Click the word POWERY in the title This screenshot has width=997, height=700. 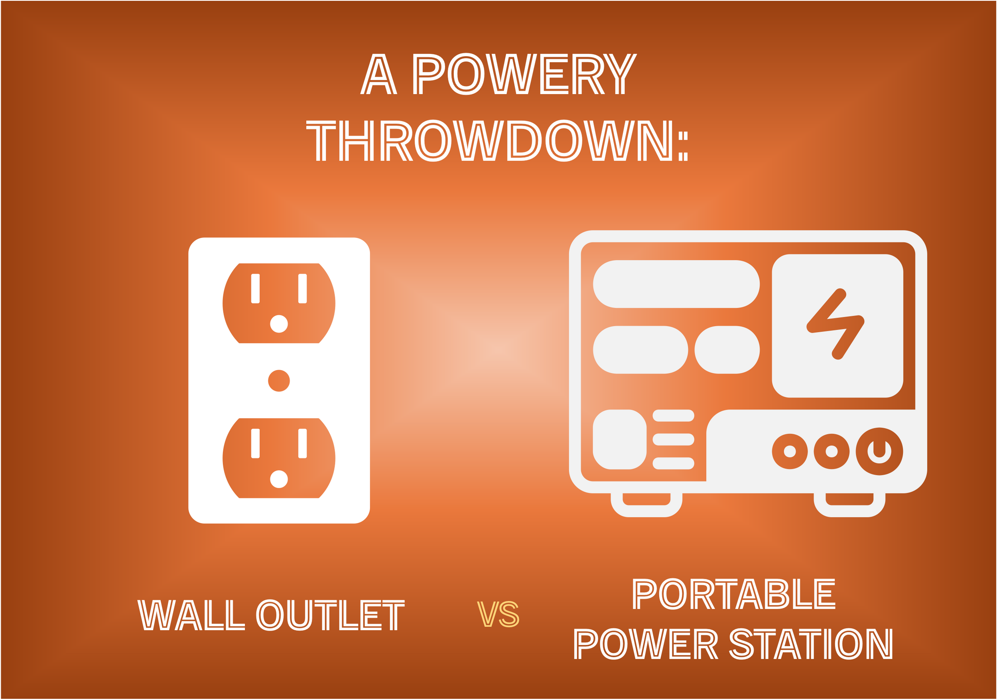[524, 74]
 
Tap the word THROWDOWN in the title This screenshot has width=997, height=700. [491, 141]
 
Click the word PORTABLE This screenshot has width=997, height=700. [734, 594]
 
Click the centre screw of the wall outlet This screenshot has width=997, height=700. [279, 381]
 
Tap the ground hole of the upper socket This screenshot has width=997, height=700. [279, 324]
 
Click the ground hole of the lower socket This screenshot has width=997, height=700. [279, 479]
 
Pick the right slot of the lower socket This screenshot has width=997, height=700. [303, 444]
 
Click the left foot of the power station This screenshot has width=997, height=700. [646, 503]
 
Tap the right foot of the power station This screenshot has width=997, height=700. [849, 503]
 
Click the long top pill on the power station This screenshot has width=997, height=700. [676, 284]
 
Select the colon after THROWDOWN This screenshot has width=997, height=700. [683, 146]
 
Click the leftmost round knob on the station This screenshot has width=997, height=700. [790, 452]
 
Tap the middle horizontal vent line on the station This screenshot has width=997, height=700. [674, 440]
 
